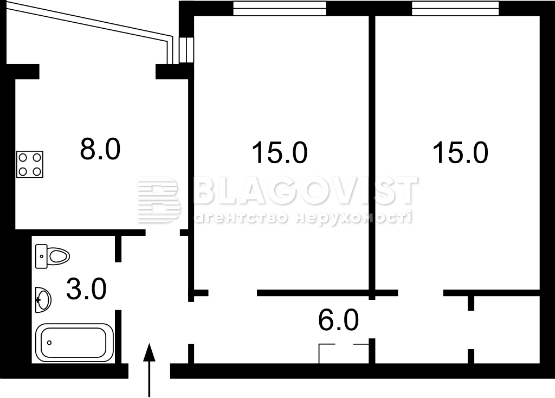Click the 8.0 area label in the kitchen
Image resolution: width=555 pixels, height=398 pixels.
(x=100, y=149)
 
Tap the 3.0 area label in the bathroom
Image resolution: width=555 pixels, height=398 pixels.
(x=86, y=289)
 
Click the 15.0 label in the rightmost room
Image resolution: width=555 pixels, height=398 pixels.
(x=460, y=152)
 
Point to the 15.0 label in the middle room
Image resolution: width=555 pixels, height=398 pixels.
(x=279, y=152)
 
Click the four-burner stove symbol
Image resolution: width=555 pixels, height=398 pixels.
(x=30, y=164)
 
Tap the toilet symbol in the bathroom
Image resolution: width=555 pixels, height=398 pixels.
(x=53, y=256)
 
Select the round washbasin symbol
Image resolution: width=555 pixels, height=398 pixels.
(x=43, y=300)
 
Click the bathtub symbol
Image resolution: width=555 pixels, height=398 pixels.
(x=74, y=343)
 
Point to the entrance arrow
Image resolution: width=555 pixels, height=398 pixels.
(x=150, y=370)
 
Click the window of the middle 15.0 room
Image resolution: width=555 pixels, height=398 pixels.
(x=279, y=9)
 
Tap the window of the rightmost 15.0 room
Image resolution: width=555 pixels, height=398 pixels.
(x=455, y=9)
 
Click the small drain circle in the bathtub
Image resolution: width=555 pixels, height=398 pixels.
(x=49, y=343)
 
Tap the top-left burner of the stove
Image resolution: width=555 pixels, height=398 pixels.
(x=23, y=157)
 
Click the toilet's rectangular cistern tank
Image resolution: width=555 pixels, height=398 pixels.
(x=41, y=256)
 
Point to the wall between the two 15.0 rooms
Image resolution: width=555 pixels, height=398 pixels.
(x=372, y=158)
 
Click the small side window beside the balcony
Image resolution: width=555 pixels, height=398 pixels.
(x=186, y=50)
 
